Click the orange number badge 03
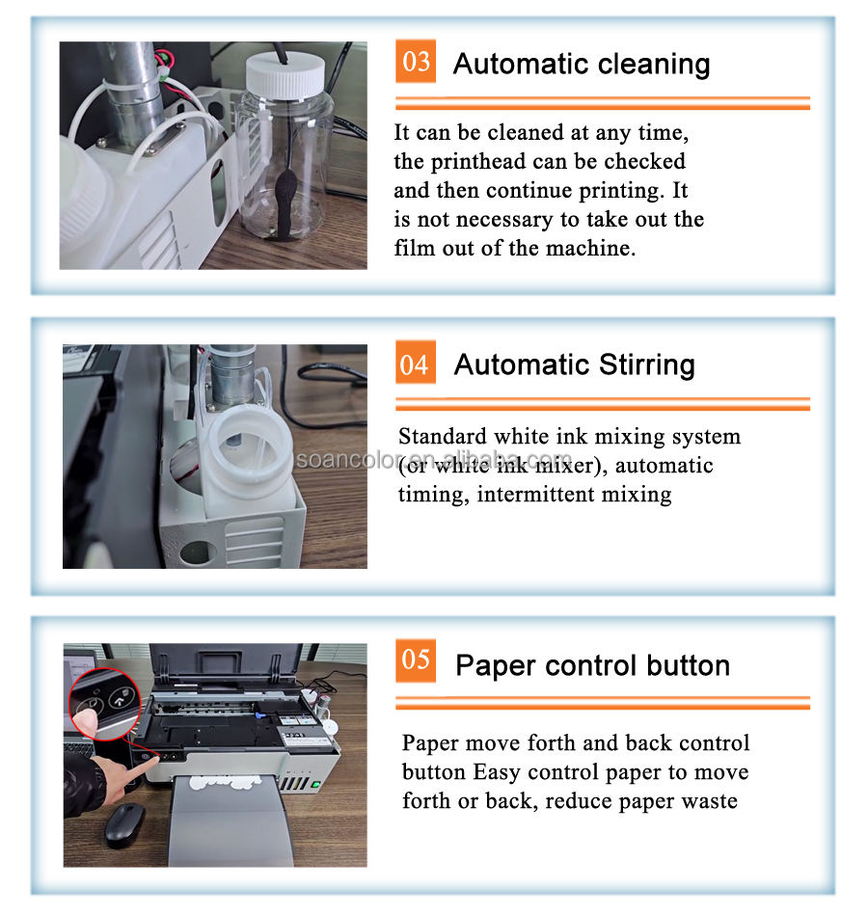[x=415, y=62]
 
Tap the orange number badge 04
[x=415, y=363]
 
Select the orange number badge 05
[x=415, y=660]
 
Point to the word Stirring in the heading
[x=647, y=365]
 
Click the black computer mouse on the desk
[x=124, y=823]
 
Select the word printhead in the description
[x=478, y=162]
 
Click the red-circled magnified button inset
[x=105, y=704]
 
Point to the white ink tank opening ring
[x=249, y=444]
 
